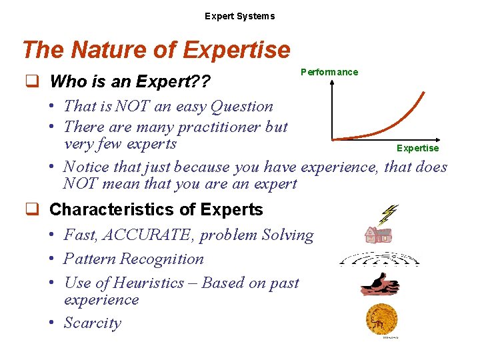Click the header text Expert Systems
point(239,16)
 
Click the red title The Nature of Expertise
point(156,50)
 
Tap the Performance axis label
point(329,72)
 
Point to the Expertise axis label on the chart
point(417,148)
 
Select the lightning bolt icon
point(387,214)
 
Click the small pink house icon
point(378,234)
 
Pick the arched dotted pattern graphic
point(379,259)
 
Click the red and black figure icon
point(379,283)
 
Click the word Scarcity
point(93,323)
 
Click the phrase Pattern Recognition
point(133,259)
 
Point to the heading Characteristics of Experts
point(156,209)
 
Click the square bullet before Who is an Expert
point(30,82)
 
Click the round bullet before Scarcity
point(51,324)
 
